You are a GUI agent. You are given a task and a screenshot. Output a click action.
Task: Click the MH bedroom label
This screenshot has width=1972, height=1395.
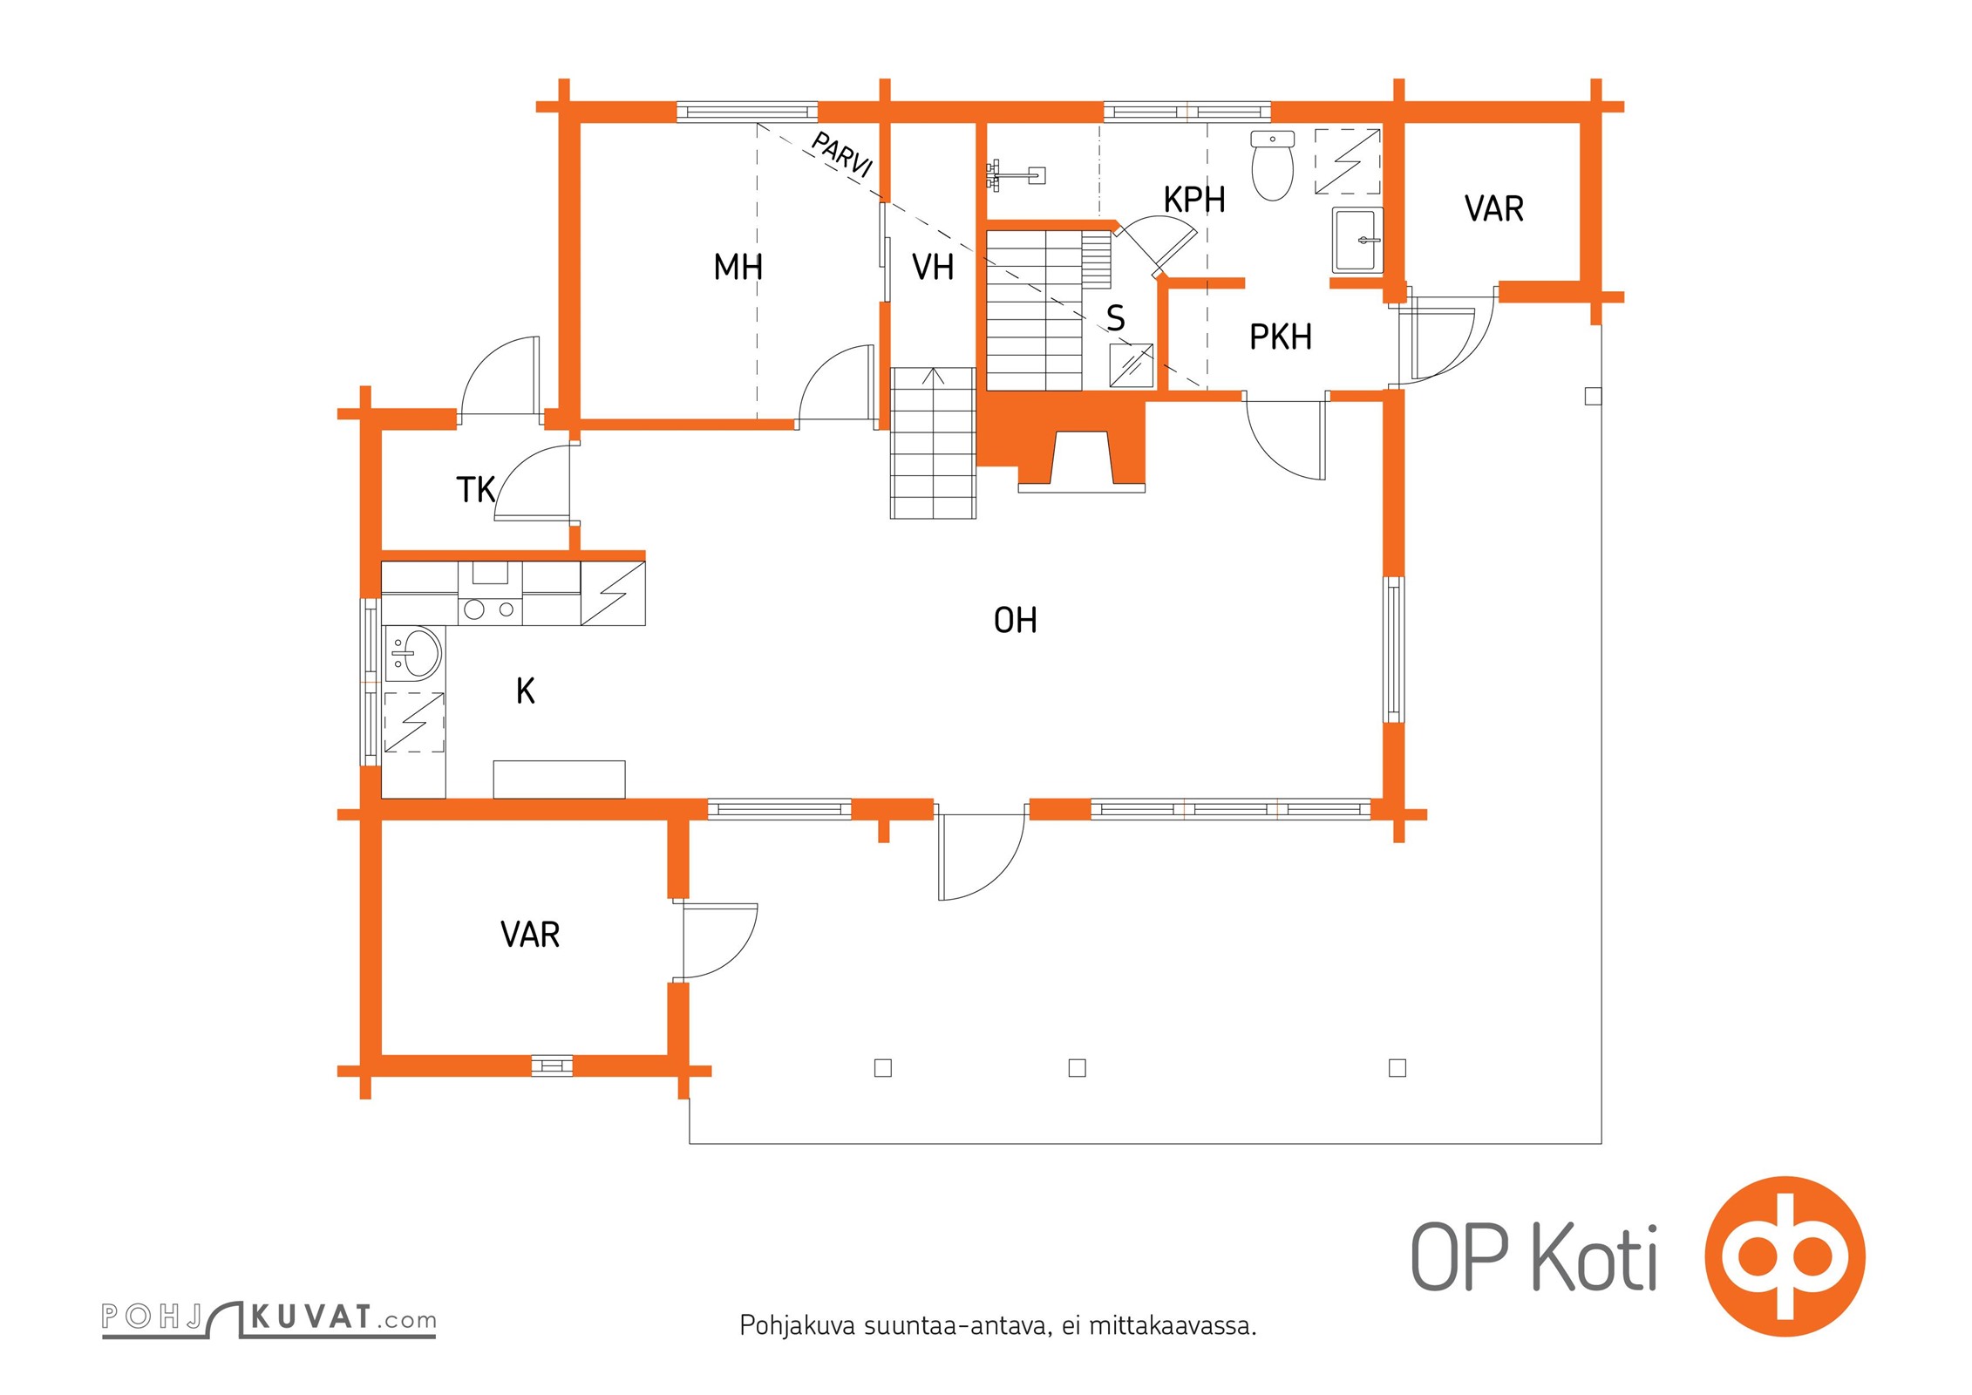738,267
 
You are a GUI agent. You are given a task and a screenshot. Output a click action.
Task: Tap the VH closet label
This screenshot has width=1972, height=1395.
932,267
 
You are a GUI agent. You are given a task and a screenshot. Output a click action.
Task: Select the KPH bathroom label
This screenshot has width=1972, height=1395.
1194,200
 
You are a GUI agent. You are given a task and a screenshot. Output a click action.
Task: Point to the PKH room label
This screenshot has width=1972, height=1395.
1280,337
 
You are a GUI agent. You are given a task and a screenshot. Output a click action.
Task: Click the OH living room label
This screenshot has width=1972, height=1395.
1016,621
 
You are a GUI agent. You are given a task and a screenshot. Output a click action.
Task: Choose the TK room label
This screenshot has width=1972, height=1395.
476,490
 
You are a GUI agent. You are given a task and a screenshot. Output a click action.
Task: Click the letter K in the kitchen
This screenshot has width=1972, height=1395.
525,691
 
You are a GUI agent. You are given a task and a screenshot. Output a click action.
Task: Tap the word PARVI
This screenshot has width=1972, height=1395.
841,154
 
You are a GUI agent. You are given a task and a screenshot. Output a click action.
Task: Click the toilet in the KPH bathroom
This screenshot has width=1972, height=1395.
1272,166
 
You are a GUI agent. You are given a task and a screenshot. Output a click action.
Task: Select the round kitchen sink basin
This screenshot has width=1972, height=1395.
417,652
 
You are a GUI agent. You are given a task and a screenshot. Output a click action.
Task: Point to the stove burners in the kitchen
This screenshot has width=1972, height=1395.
489,609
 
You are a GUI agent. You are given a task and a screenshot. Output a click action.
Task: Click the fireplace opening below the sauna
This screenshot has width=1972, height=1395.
1083,457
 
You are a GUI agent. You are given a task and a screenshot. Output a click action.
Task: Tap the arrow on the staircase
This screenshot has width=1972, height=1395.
933,377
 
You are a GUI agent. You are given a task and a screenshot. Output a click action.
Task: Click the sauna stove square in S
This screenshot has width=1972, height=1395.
1131,366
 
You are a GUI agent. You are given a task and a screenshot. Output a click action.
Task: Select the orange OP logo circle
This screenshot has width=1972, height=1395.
1785,1256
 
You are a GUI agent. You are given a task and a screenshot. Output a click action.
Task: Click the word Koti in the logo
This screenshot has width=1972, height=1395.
1595,1257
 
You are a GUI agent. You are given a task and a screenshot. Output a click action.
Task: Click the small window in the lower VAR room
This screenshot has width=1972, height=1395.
552,1065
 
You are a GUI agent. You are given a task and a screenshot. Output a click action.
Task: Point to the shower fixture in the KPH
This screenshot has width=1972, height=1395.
1015,174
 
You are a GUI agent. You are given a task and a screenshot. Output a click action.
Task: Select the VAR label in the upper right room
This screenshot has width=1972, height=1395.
1493,209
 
